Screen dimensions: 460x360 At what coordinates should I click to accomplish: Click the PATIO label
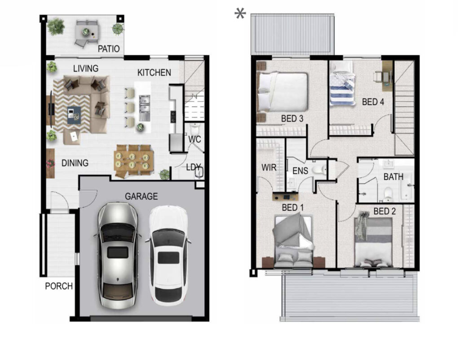pos(109,49)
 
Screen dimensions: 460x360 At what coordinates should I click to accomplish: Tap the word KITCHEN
pos(154,72)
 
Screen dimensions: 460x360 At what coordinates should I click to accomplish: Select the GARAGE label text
pos(142,196)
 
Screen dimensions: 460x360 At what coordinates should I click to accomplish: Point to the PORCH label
pos(59,286)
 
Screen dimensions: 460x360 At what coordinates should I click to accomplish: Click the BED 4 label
pos(373,102)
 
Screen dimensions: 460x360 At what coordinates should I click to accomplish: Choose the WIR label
pos(269,168)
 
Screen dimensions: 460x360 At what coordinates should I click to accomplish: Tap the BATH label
pos(394,177)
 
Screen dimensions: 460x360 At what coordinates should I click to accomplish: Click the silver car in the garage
pos(118,255)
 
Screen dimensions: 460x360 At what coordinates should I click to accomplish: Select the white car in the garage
pos(168,256)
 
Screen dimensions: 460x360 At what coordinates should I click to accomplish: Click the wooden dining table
pos(134,161)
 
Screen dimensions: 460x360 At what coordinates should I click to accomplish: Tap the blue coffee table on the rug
pos(74,115)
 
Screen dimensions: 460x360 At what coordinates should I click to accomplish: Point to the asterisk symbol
pos(240,14)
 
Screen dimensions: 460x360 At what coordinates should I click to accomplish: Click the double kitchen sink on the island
pos(144,104)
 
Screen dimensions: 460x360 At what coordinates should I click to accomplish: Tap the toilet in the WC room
pos(194,129)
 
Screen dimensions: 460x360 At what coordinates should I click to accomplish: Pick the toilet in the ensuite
pos(318,170)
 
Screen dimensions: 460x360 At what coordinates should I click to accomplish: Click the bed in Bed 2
pos(373,242)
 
